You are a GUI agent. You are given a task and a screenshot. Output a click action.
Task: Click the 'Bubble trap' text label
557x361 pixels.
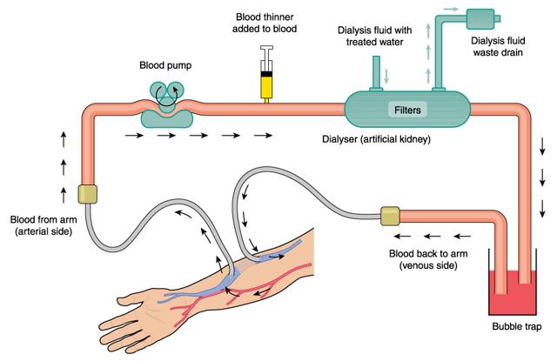(x=516, y=328)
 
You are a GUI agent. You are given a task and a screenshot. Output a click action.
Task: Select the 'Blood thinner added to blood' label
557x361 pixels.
(x=266, y=23)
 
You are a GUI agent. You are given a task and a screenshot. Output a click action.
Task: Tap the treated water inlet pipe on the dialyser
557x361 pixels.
(x=375, y=73)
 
